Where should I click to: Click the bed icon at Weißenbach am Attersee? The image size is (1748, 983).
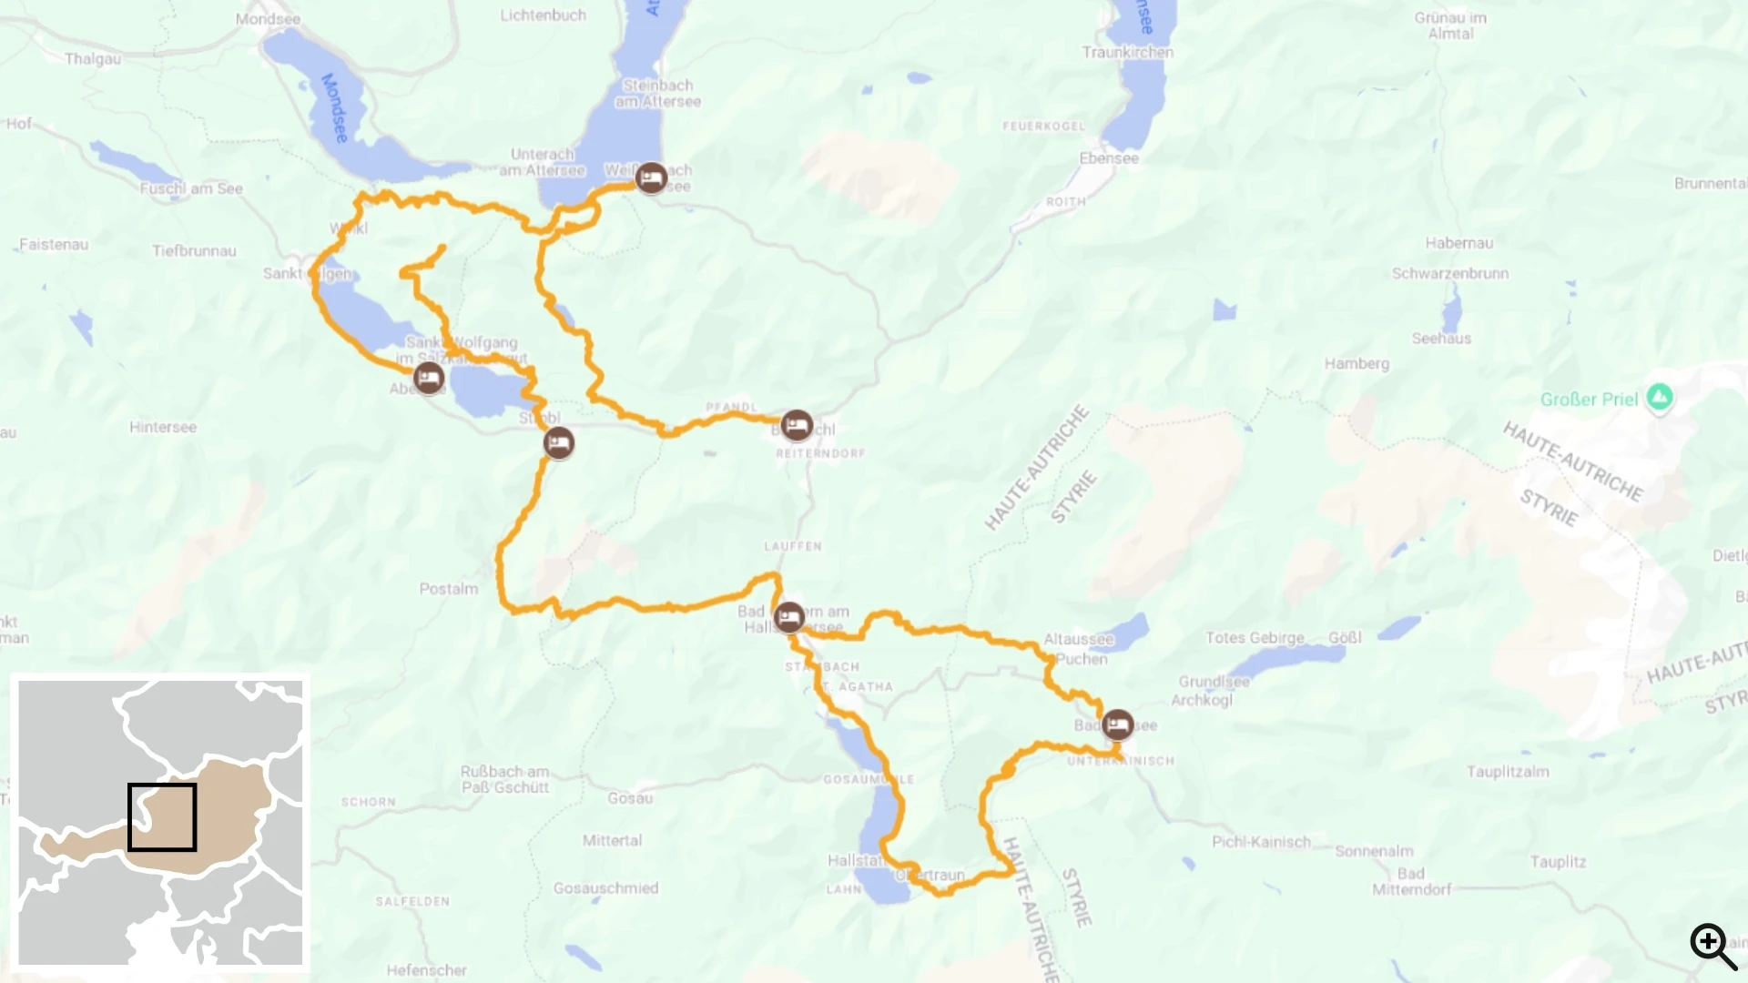coord(651,177)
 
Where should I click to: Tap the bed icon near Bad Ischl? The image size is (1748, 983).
coord(797,425)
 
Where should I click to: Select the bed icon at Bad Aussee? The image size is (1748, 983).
coord(1118,725)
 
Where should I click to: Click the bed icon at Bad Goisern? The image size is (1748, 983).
coord(789,618)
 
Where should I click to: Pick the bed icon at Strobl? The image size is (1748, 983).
coord(559,443)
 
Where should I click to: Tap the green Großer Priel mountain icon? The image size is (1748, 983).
coord(1660,398)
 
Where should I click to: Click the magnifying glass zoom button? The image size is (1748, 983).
coord(1712,947)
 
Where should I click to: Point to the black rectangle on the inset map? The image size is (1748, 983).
coord(162,817)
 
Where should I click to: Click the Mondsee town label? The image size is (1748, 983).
coord(268,19)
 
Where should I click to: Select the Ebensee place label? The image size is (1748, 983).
coord(1109,158)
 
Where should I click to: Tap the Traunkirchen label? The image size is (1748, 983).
coord(1127,53)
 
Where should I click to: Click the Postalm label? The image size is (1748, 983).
coord(449,589)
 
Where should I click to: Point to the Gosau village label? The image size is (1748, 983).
coord(630,798)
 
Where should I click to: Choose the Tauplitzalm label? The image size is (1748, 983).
coord(1508,772)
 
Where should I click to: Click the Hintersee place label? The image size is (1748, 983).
coord(163,427)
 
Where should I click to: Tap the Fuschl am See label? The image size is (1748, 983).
coord(191,188)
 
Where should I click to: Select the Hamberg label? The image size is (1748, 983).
coord(1357,364)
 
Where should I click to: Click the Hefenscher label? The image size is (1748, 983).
coord(426,970)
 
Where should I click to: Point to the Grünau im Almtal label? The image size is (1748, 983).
coord(1450,25)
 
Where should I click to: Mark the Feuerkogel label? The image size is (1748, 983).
coord(1043,127)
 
